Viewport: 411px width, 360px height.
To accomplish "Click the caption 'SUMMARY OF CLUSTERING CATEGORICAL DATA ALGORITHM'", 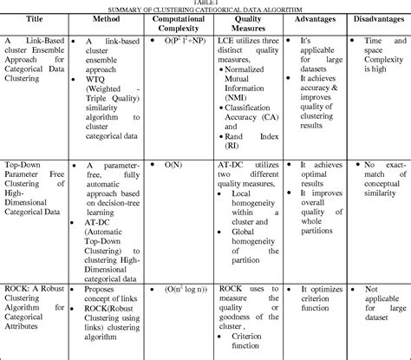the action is (x=205, y=10).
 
